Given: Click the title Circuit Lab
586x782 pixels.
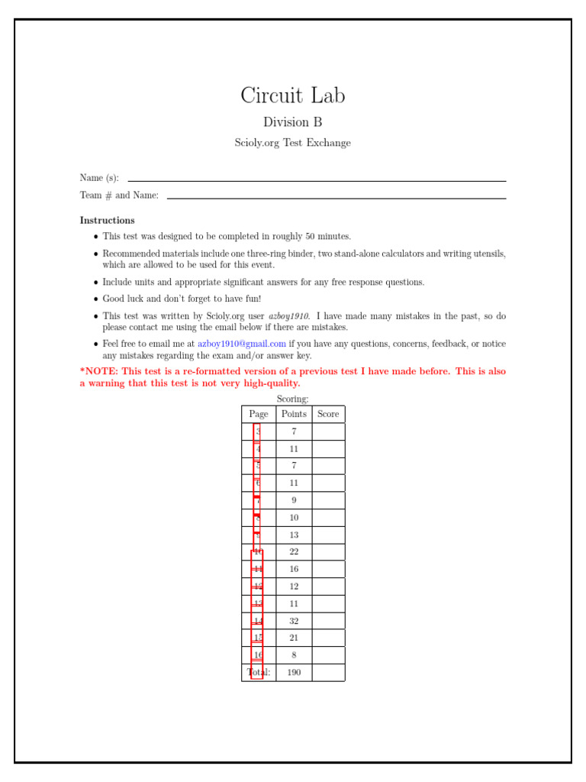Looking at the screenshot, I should pyautogui.click(x=293, y=96).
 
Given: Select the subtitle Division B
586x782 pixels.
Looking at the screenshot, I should pyautogui.click(x=293, y=122).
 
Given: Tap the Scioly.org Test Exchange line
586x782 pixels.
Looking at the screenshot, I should pyautogui.click(x=293, y=143).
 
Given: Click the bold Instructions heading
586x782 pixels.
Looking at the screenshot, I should pyautogui.click(x=108, y=221).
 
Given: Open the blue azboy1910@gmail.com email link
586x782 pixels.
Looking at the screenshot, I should pyautogui.click(x=242, y=344).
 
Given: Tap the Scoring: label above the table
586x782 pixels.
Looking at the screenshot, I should pyautogui.click(x=293, y=399).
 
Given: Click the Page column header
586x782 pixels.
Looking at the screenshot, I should pyautogui.click(x=259, y=414).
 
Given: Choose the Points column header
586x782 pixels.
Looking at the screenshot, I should pyautogui.click(x=294, y=414).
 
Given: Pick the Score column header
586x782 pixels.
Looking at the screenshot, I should pyautogui.click(x=328, y=414).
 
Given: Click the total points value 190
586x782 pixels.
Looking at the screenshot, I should pyautogui.click(x=294, y=673).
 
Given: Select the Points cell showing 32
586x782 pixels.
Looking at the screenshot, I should pyautogui.click(x=294, y=621).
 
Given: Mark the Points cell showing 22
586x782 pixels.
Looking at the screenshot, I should pyautogui.click(x=294, y=552).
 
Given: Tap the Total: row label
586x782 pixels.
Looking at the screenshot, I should pyautogui.click(x=259, y=673).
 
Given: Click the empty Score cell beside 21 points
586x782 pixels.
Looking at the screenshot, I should pyautogui.click(x=328, y=638).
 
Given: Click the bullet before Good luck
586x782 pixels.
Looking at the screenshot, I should pyautogui.click(x=95, y=300).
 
